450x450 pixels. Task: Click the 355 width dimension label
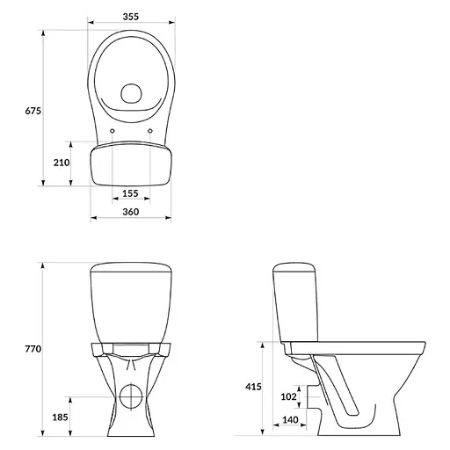pyautogui.click(x=131, y=17)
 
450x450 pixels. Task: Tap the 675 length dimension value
pyautogui.click(x=33, y=111)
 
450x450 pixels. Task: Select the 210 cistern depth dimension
pyautogui.click(x=62, y=163)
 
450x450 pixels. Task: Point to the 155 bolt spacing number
pyautogui.click(x=130, y=193)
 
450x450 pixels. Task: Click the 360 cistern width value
pyautogui.click(x=131, y=212)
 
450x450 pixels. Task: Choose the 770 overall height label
pyautogui.click(x=33, y=349)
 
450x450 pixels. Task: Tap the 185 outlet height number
pyautogui.click(x=61, y=417)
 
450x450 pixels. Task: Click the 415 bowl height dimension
pyautogui.click(x=253, y=387)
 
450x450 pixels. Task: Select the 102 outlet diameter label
pyautogui.click(x=289, y=396)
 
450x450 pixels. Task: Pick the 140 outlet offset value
pyautogui.click(x=290, y=420)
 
